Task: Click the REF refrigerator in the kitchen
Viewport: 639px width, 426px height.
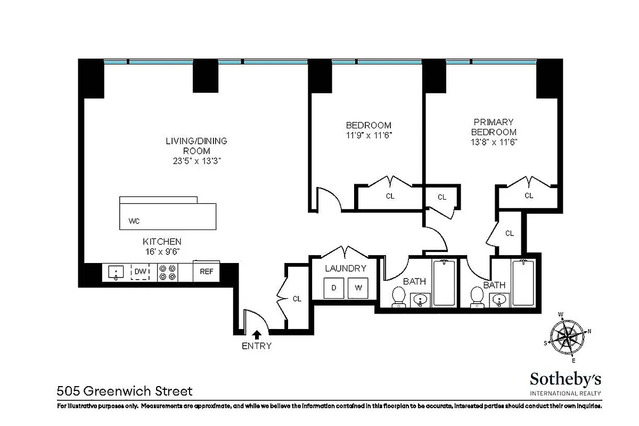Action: pos(206,272)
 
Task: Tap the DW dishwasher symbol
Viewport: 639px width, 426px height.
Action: pos(140,272)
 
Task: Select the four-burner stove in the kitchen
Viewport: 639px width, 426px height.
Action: pos(167,273)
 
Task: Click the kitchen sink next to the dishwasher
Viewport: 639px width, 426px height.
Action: pos(117,273)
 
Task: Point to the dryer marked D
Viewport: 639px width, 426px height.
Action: pos(334,288)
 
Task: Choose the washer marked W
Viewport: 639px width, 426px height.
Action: pos(358,288)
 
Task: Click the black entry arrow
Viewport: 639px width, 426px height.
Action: pos(257,334)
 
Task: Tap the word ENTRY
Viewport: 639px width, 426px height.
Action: pos(257,346)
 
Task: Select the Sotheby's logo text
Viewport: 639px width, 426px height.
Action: pos(565,379)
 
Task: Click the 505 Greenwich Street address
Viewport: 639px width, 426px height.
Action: pos(125,391)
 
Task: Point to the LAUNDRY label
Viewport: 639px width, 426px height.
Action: pos(346,268)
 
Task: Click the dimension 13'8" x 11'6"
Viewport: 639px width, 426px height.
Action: pos(494,142)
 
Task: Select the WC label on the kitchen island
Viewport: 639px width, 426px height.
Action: pos(134,220)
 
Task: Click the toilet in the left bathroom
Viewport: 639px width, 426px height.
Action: pos(398,297)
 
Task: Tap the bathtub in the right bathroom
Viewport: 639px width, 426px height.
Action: pos(523,282)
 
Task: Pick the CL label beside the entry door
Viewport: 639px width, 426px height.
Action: pos(297,299)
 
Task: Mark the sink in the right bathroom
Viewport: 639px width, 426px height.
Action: pos(499,301)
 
